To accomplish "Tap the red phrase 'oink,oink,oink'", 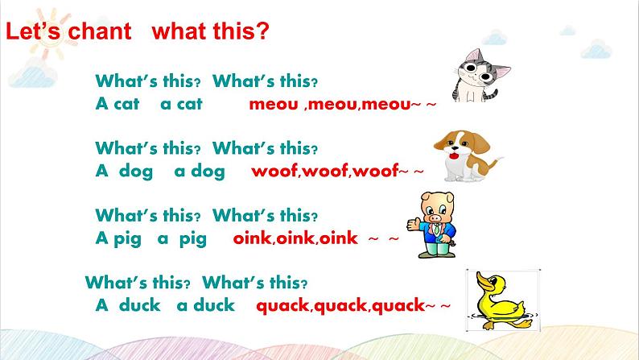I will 295,238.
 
